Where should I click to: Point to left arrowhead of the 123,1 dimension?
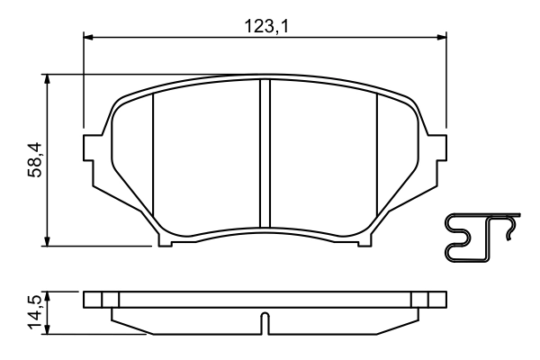[x=88, y=37]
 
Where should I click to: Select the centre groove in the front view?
[x=265, y=153]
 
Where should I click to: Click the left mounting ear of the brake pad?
[x=91, y=148]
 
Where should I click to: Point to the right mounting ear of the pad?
[x=438, y=148]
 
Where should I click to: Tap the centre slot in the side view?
[x=265, y=320]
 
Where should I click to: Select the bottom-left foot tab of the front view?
[x=166, y=240]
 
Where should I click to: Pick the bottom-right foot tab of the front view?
[x=364, y=240]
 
